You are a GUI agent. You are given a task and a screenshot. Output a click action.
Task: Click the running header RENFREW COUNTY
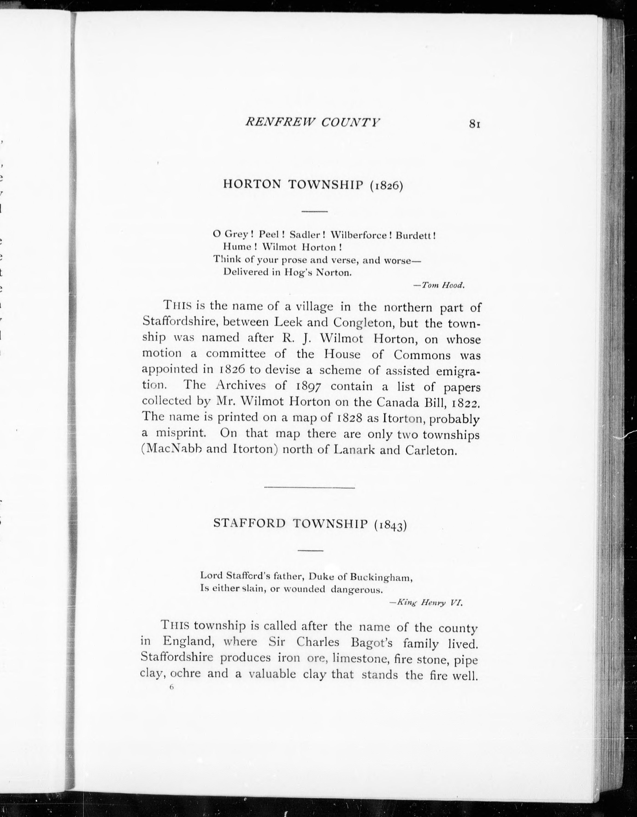click(x=312, y=122)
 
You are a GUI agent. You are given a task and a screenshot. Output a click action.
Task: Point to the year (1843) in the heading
click(x=390, y=525)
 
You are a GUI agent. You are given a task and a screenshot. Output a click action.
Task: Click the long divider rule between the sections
click(x=309, y=487)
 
